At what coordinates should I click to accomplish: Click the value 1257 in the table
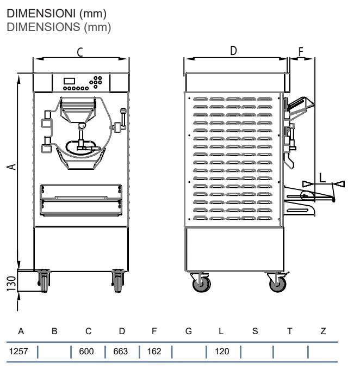pos(18,352)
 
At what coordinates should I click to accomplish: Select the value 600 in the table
pos(86,352)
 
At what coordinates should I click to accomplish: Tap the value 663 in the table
pos(121,352)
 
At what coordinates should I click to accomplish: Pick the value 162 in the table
pos(154,352)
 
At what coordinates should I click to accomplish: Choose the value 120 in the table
pos(222,352)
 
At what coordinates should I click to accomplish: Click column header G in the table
pos(189,331)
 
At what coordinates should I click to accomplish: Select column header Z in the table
pos(324,331)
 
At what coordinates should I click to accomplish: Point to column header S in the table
pos(255,331)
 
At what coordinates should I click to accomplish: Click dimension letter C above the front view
pos(80,52)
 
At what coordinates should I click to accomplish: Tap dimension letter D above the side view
pos(233,51)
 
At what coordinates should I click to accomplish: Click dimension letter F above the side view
pos(301,52)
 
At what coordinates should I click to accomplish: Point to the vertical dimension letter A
pos(11,167)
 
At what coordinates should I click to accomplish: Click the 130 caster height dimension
pos(11,284)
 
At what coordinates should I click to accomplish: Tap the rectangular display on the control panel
pos(70,81)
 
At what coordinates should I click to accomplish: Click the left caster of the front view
pos(44,281)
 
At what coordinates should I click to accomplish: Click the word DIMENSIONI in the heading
pos(41,14)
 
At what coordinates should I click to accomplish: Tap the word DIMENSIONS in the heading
pos(44,27)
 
